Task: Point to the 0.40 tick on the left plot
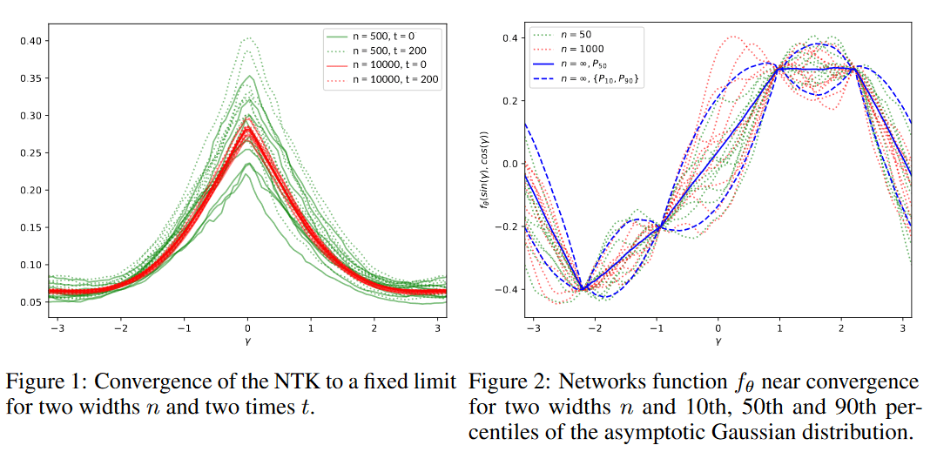31,41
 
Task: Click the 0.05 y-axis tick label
31,302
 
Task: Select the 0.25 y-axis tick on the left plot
31,153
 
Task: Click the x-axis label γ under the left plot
248,342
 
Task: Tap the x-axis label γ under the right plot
718,342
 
